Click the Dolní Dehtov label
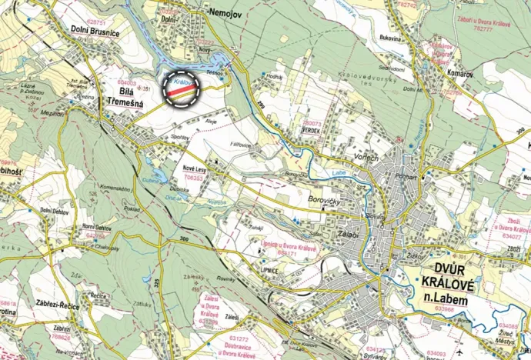click(57, 211)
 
